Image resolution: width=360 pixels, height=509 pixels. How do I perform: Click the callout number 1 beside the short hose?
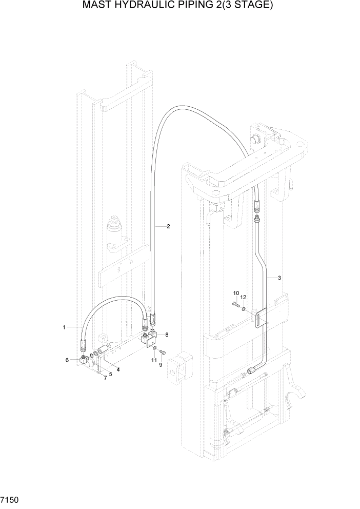coord(64,327)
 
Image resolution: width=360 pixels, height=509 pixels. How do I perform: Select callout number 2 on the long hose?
coord(168,226)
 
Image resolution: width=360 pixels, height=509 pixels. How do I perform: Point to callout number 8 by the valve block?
coord(167,334)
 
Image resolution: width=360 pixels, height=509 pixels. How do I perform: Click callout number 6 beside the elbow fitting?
coord(67,360)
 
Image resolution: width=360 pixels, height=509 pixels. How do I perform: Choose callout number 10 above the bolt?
coord(236,293)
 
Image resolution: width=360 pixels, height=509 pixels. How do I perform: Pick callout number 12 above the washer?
coord(244,297)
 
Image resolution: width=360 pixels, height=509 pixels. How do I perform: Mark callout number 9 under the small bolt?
coord(160,365)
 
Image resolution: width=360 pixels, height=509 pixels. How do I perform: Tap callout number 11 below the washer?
coord(153,361)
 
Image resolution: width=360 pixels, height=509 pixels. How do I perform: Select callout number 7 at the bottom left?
coord(105,378)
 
